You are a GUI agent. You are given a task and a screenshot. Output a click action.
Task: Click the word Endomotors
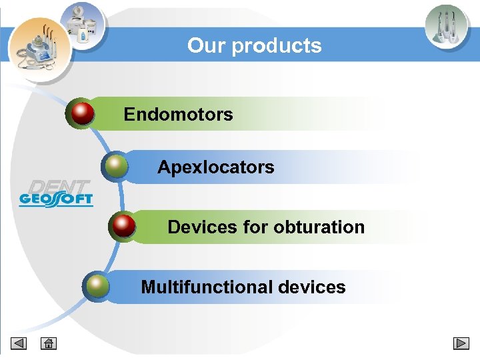[178, 115]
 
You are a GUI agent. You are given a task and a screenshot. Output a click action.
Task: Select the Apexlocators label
[215, 167]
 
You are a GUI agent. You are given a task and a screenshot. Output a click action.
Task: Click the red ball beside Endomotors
[82, 113]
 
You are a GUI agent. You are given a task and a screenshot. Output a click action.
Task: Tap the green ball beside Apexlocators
[116, 166]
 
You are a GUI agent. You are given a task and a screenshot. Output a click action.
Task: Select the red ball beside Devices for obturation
[123, 226]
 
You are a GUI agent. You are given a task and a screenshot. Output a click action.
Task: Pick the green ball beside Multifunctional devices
[97, 286]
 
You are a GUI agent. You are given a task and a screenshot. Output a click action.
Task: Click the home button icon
[48, 344]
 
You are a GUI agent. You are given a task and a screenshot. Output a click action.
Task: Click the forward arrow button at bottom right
[461, 344]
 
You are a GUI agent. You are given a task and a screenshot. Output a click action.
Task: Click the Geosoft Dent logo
[56, 193]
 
